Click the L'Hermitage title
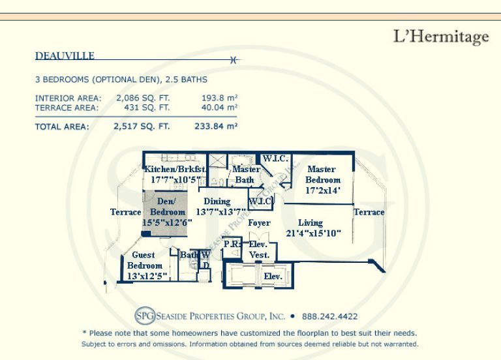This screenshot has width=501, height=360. pyautogui.click(x=441, y=37)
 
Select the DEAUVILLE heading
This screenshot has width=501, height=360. pyautogui.click(x=65, y=56)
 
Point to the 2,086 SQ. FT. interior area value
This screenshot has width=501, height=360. pyautogui.click(x=143, y=98)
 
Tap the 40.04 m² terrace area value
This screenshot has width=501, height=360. pyautogui.click(x=219, y=108)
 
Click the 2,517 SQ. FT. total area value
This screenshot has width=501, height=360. pyautogui.click(x=142, y=127)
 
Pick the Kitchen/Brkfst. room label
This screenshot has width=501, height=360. pyautogui.click(x=175, y=169)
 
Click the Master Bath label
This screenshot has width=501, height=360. pyautogui.click(x=246, y=174)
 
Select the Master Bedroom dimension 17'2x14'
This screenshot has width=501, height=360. pyautogui.click(x=323, y=190)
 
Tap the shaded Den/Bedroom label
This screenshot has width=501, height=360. pyautogui.click(x=168, y=207)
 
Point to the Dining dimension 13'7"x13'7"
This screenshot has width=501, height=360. pyautogui.click(x=220, y=212)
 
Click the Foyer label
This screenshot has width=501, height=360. pyautogui.click(x=259, y=222)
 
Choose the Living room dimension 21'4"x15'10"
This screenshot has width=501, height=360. pyautogui.click(x=313, y=233)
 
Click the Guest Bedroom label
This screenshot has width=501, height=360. pyautogui.click(x=144, y=260)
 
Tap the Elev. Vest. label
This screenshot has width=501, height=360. pyautogui.click(x=259, y=250)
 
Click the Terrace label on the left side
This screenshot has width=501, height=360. pyautogui.click(x=125, y=212)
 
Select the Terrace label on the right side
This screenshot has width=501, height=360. pyautogui.click(x=369, y=212)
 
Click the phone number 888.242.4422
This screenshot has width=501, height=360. pyautogui.click(x=329, y=316)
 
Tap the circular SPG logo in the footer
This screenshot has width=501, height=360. pyautogui.click(x=145, y=316)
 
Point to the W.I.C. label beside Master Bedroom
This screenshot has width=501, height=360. pyautogui.click(x=275, y=158)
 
